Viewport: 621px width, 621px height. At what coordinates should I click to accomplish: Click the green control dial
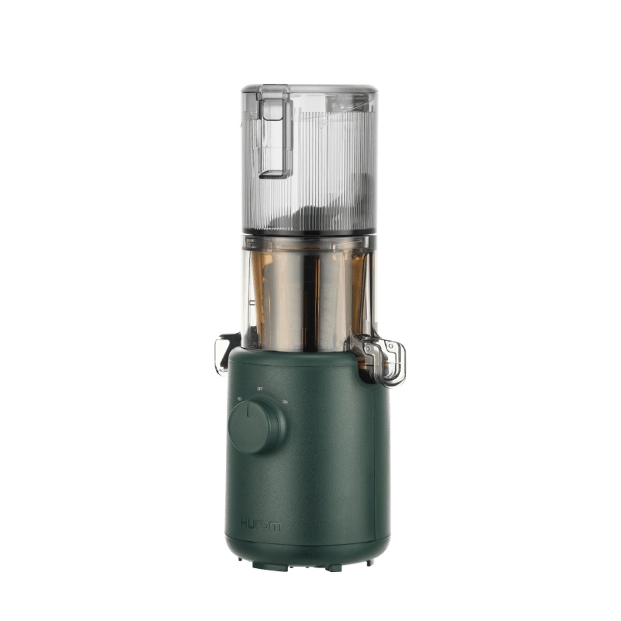coord(255,426)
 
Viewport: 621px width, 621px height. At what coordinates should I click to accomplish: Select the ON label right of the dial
coord(285,401)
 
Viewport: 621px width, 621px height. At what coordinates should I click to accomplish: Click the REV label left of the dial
coord(239,399)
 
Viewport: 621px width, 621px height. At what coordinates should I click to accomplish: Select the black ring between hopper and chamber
coord(309,232)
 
